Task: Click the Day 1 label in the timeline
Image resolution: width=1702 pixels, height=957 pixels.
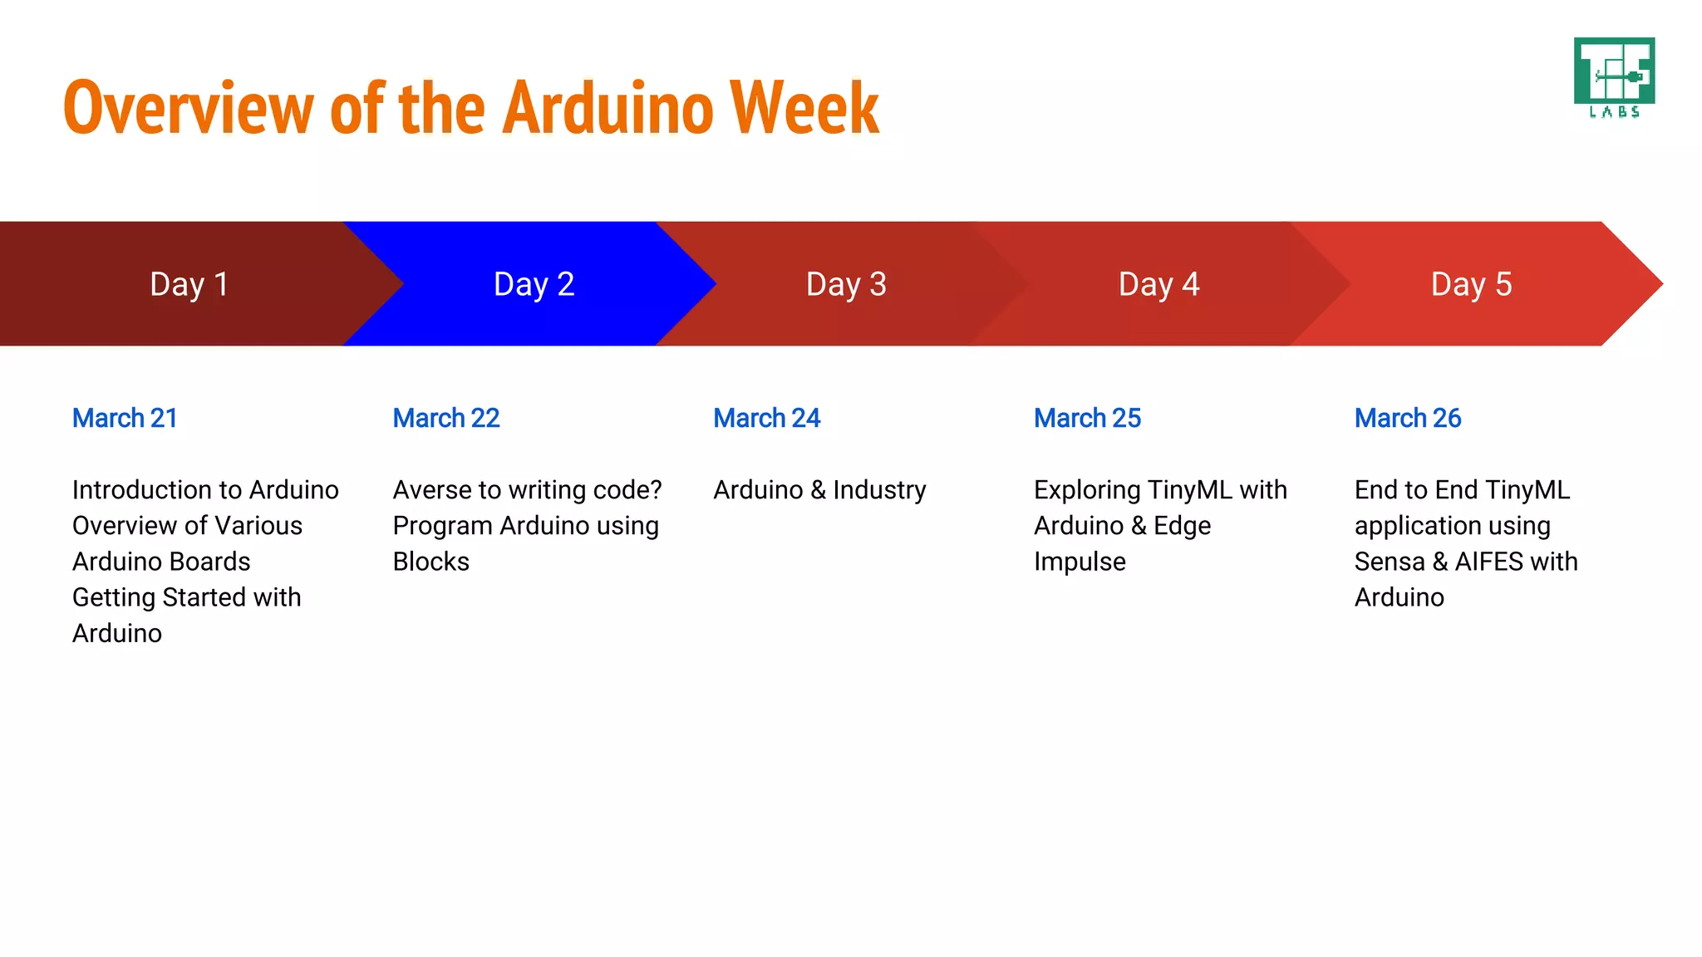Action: pos(189,284)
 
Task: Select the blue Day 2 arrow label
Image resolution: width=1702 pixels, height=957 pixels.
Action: pos(534,284)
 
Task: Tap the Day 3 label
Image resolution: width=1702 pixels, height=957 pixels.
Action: pos(846,284)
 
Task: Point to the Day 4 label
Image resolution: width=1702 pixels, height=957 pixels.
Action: pos(1158,284)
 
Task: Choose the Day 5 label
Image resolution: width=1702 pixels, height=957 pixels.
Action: pos(1471,284)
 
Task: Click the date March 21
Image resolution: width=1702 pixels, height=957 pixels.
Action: pos(125,418)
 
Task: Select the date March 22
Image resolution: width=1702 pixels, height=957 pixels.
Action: pos(446,418)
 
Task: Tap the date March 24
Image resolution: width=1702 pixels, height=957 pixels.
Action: pos(766,418)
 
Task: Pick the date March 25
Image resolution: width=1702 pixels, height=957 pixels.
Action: pos(1087,418)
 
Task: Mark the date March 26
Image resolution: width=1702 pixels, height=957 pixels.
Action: pos(1407,418)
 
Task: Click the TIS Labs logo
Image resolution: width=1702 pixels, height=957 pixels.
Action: pos(1614,77)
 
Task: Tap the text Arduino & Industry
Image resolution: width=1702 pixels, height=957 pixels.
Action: pos(819,490)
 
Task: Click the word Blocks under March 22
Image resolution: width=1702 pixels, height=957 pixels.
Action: pos(430,562)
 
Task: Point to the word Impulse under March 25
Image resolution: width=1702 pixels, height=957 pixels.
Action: pos(1080,562)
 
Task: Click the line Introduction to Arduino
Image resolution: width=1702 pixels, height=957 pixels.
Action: pos(205,490)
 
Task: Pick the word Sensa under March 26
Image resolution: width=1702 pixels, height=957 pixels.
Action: pos(1389,562)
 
